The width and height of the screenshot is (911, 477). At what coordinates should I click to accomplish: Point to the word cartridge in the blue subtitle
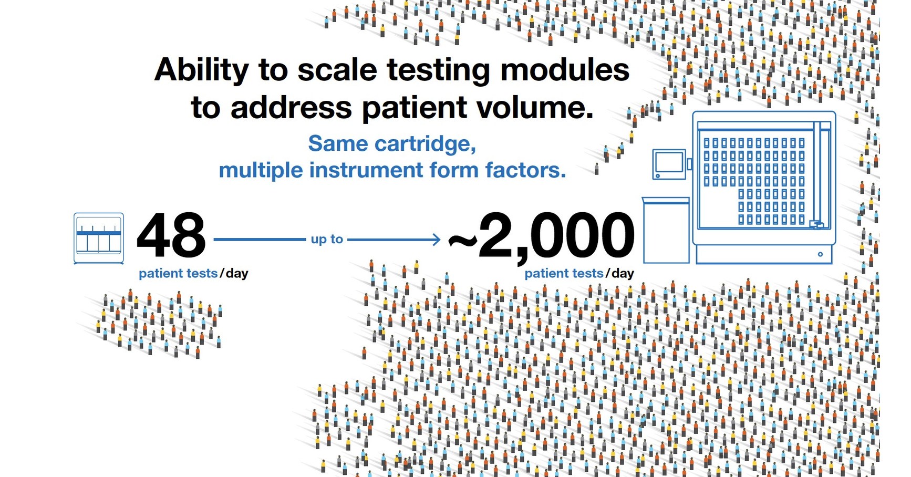click(x=425, y=144)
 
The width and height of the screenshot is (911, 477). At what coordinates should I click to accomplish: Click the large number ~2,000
click(x=541, y=236)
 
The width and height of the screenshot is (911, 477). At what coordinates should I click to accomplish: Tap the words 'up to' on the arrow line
click(x=327, y=240)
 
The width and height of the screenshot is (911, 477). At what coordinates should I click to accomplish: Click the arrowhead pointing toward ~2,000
click(x=436, y=240)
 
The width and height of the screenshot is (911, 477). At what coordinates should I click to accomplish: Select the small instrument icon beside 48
click(x=99, y=238)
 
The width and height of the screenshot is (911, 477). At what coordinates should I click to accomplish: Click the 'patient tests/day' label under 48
click(x=193, y=273)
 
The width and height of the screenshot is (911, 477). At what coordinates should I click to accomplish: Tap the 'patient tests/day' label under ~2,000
click(x=579, y=273)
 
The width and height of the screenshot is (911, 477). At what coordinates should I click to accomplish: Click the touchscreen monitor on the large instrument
click(x=669, y=163)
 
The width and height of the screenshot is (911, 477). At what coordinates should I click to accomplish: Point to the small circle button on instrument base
click(x=820, y=254)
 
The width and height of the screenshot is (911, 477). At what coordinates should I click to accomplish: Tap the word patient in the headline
click(x=415, y=108)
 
